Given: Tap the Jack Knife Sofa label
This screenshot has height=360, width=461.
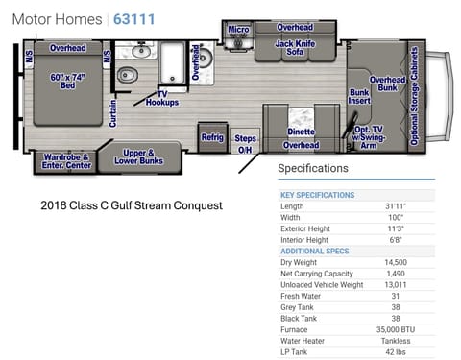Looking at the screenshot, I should point(294,49).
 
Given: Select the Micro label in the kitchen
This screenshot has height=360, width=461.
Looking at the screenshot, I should point(238,30).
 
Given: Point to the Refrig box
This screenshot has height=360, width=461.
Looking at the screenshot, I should point(212,137).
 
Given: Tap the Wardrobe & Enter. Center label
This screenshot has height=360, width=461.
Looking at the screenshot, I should point(65,162).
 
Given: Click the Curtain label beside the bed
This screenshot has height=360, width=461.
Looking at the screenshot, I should point(113,113).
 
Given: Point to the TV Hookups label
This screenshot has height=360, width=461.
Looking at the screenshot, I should point(161,98).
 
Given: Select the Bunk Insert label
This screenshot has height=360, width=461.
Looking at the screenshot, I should point(359,96).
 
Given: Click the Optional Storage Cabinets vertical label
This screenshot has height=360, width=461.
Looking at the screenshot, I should point(415,97).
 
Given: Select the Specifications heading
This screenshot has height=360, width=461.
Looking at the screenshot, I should point(313,169).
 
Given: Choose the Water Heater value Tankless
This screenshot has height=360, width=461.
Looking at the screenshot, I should point(396,340).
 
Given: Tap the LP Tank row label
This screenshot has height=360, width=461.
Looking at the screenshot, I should point(293,351).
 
